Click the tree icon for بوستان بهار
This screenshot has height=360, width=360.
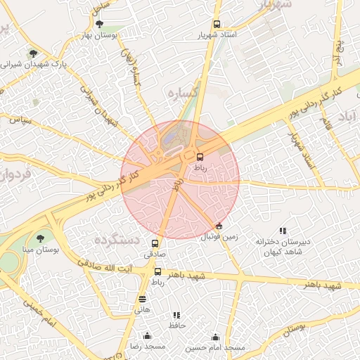98,24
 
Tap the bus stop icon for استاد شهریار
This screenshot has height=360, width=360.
217,24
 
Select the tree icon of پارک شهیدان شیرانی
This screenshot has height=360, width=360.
33,53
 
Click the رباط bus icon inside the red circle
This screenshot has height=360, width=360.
200,157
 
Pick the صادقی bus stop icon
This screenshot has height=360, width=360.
155,243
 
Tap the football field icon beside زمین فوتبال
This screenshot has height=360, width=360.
219,226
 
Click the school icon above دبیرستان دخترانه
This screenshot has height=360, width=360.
283,231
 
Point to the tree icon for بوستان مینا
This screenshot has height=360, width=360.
39,239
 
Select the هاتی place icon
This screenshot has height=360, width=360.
143,298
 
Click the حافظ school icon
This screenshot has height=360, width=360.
176,315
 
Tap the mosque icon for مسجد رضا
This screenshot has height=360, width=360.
147,336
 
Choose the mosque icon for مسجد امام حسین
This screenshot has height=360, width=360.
215,337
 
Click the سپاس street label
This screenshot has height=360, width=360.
22,120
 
